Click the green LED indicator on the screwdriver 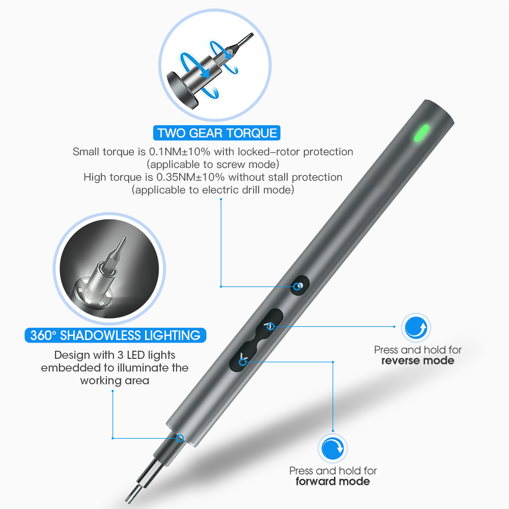pos(421,133)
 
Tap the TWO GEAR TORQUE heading pos(217,133)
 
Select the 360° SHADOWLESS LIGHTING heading pos(116,335)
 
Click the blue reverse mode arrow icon pos(416,328)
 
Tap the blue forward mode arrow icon pos(332,448)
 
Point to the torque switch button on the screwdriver pos(299,286)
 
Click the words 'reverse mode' pos(417,361)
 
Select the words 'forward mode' pos(333,482)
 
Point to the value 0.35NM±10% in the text pos(190,177)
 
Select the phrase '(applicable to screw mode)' pos(213,164)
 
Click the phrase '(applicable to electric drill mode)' pos(213,190)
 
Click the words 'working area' pos(115,380)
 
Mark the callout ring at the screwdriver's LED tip pos(180,438)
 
